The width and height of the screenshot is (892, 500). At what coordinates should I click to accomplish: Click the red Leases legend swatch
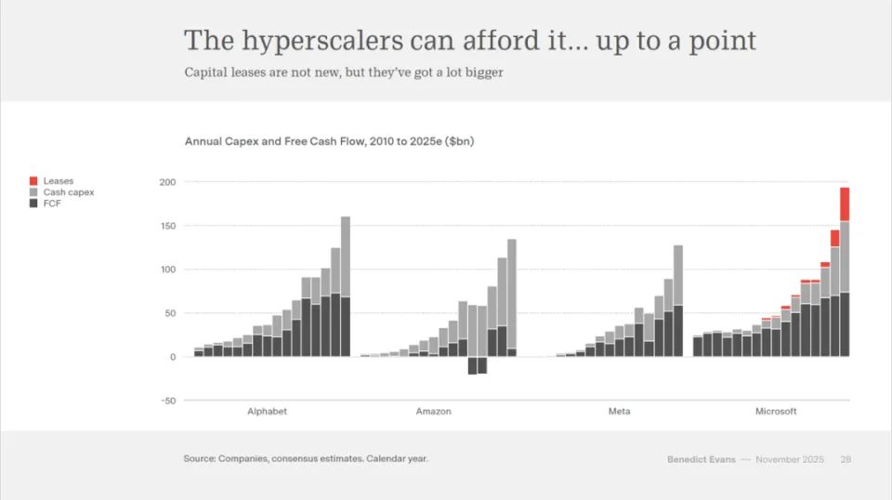pos(33,180)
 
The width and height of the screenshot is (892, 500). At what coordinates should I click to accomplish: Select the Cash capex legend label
pos(68,192)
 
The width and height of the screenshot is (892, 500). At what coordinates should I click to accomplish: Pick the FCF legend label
pos(51,204)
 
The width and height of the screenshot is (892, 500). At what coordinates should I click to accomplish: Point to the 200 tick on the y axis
pos(167,182)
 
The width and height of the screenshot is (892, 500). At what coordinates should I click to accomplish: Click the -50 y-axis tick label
pos(167,401)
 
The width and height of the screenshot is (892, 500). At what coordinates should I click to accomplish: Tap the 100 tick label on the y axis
pos(167,270)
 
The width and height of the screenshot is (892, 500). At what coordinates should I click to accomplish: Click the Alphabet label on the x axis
pos(267,411)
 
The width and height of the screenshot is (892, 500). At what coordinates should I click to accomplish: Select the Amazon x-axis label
pos(433,411)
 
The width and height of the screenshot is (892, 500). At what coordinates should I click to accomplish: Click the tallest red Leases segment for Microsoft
pos(845,204)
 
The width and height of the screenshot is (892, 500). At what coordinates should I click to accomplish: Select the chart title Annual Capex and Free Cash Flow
pos(330,141)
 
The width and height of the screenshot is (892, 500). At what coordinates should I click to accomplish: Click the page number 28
pos(846,459)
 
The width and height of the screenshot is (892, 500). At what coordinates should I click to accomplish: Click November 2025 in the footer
pos(790,459)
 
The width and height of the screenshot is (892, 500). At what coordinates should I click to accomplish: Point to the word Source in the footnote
pos(199,458)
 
